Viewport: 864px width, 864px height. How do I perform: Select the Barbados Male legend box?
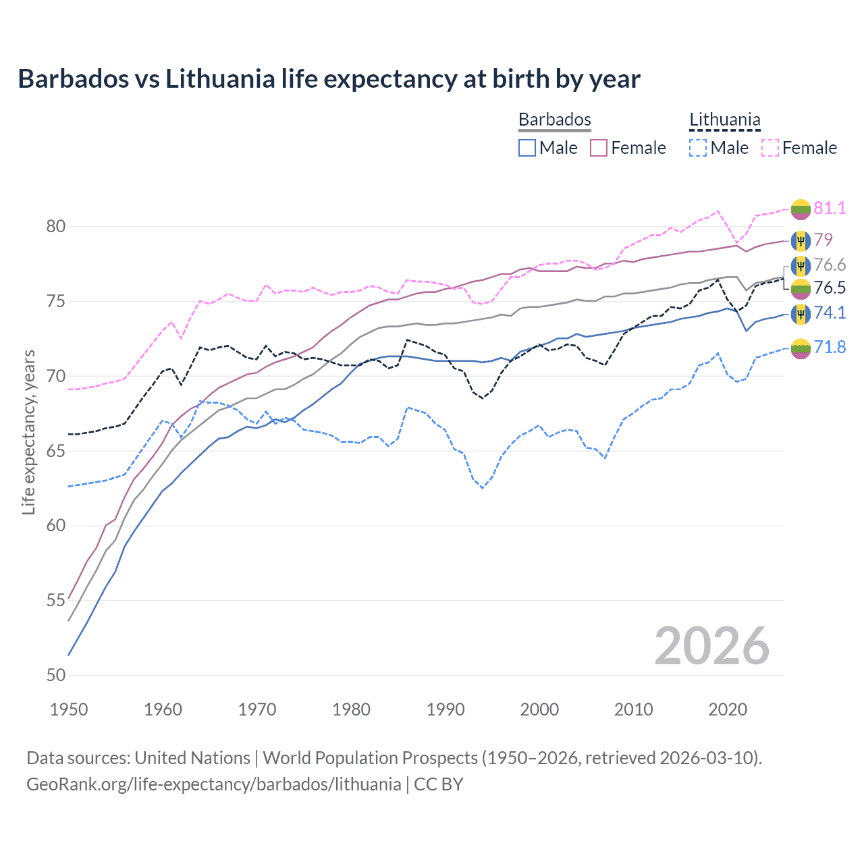point(527,148)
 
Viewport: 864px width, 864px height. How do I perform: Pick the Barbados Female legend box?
point(599,148)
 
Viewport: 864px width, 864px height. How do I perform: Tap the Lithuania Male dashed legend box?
point(698,148)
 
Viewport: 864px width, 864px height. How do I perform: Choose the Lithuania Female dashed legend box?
point(770,148)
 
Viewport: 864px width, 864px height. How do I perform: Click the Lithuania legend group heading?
point(724,120)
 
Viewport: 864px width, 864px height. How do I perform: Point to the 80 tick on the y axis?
point(56,227)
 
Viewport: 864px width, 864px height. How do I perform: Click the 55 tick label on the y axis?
point(56,601)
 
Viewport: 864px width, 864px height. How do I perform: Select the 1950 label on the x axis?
point(69,709)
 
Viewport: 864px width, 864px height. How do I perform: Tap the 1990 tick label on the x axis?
point(446,709)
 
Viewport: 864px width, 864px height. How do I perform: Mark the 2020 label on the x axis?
point(728,709)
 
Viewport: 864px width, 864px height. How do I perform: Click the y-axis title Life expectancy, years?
point(28,432)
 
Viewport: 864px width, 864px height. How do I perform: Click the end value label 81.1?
point(830,208)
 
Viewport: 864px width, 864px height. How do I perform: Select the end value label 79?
point(823,240)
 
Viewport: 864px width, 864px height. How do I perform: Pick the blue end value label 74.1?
point(830,313)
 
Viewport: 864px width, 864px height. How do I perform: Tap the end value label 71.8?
point(830,347)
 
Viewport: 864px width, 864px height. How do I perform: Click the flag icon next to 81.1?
point(801,209)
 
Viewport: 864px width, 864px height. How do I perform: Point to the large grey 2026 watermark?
point(711,646)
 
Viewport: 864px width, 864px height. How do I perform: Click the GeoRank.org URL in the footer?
point(213,784)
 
